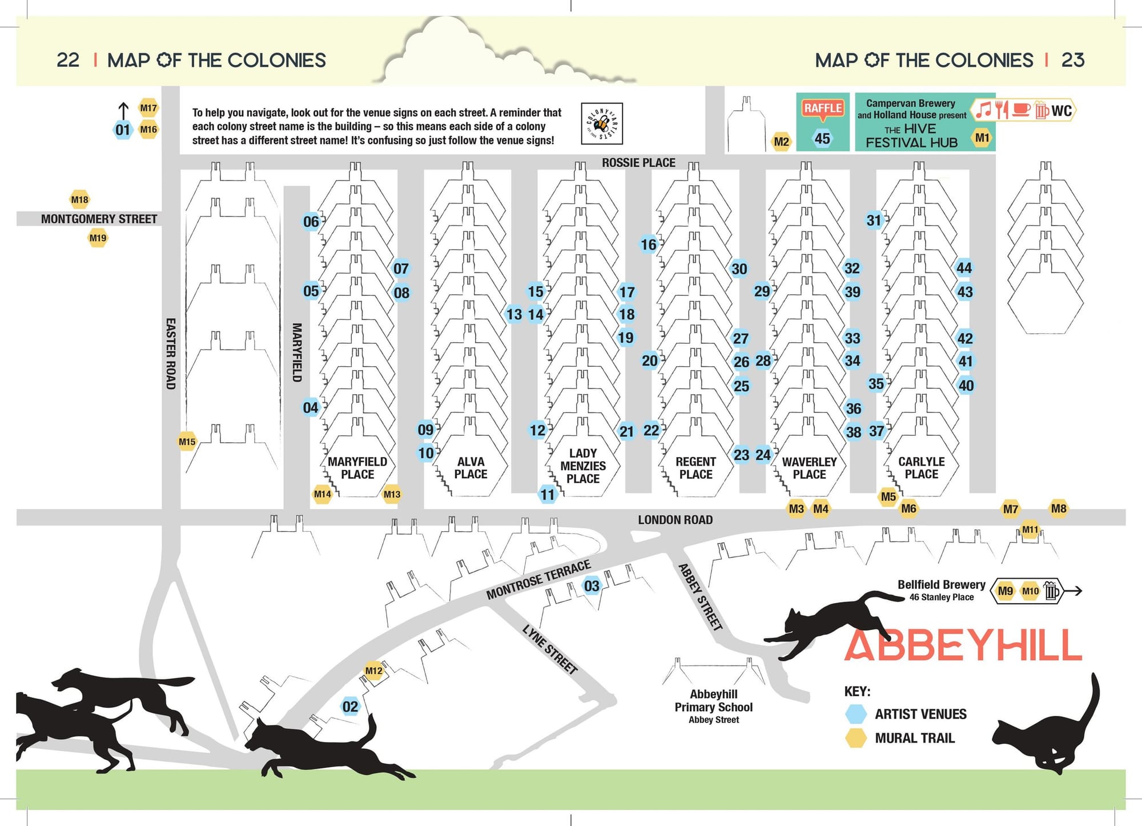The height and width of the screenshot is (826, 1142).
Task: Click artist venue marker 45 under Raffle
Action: [822, 138]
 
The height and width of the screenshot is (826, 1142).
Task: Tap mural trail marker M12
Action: [373, 671]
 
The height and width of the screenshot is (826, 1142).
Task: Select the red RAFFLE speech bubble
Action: [823, 109]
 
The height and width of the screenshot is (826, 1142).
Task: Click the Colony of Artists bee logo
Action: [601, 123]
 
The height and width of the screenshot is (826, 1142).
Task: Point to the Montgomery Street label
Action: [99, 219]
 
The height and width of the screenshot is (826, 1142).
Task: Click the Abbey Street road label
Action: [701, 596]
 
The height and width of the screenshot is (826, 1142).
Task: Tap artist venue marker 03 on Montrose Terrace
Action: [592, 586]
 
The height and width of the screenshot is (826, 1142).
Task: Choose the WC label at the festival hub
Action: [1061, 110]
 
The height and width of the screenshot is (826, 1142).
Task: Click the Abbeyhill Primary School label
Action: [714, 707]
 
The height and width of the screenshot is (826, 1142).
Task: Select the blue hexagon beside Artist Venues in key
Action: [855, 713]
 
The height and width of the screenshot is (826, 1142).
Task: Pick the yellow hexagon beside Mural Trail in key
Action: [855, 738]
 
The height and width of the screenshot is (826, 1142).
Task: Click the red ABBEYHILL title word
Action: [963, 645]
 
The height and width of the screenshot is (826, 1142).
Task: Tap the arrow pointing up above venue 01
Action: [123, 110]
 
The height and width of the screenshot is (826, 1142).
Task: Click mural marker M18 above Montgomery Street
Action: [79, 199]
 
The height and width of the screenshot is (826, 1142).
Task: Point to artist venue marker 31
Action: [874, 220]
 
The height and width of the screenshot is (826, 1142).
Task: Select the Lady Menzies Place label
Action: [583, 466]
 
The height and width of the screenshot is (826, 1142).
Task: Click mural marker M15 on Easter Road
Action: [187, 441]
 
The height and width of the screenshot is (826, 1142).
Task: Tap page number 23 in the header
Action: [1072, 60]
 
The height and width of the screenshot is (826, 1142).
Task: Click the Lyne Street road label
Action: [550, 649]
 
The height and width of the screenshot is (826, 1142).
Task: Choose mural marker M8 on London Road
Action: [1058, 508]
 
